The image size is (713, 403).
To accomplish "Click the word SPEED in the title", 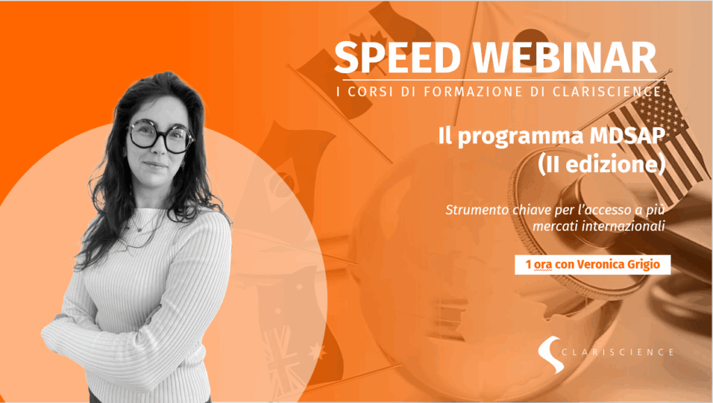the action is pos(398,57).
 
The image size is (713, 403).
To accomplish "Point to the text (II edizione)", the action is pos(602,164).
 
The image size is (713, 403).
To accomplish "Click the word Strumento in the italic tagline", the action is pos(476,210).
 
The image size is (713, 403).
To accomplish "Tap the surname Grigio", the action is pos(643,265).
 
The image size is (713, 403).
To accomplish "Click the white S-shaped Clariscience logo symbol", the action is pos(551,354).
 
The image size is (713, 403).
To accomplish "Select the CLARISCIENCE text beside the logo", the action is pos(618,352).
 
